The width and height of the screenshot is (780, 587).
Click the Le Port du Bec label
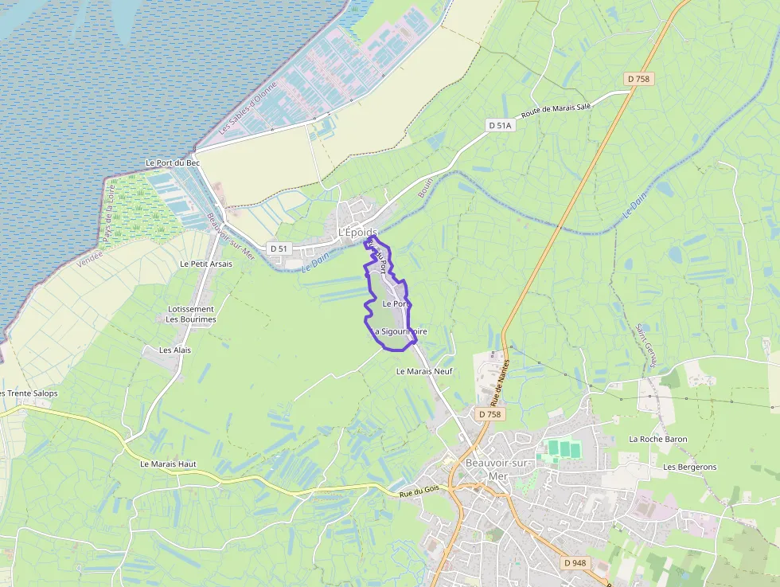tap(172, 162)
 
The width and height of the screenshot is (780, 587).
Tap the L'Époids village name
tap(357, 232)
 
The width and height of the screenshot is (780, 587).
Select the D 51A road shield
tap(501, 125)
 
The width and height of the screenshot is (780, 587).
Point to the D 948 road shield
tap(575, 562)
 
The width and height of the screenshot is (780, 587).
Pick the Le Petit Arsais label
tap(206, 264)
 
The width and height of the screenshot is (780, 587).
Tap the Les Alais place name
tap(175, 350)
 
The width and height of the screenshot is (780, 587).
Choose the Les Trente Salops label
tap(29, 393)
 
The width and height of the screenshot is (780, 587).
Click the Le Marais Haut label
tap(168, 464)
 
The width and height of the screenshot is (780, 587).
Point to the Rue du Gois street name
tap(419, 494)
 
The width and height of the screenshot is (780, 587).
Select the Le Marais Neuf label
tap(423, 371)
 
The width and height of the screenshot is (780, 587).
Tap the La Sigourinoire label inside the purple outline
tap(400, 331)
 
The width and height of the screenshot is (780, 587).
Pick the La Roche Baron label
tap(658, 439)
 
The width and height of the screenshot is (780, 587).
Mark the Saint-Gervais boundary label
tap(645, 346)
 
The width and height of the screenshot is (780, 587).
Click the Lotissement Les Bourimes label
tap(191, 315)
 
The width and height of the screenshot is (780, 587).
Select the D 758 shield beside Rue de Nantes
tap(491, 414)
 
